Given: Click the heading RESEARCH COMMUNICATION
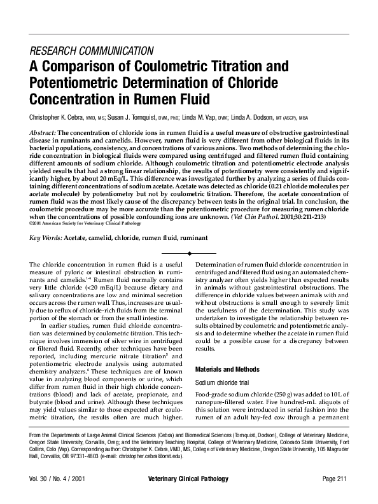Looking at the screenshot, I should point(91,50).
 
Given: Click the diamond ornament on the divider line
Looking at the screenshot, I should point(189,253).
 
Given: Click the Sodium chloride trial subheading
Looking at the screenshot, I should point(227,382).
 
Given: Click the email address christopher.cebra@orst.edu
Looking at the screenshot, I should point(148,456).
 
